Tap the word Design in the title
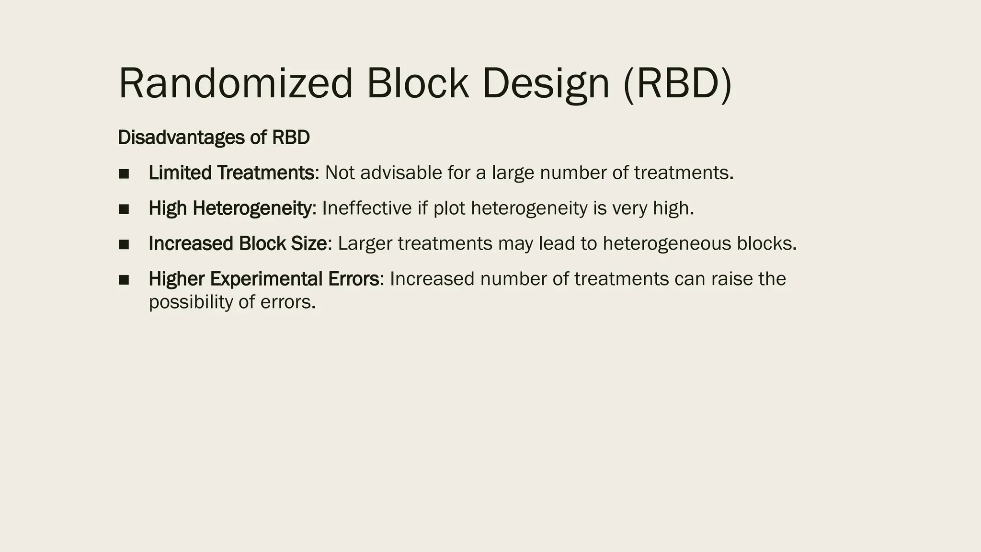click(x=546, y=84)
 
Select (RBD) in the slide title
click(x=678, y=84)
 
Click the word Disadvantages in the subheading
click(x=181, y=138)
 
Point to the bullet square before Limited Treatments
click(x=124, y=174)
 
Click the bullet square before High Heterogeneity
click(x=124, y=209)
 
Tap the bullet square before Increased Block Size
click(x=124, y=245)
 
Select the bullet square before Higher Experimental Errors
click(x=124, y=280)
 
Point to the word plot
click(x=449, y=208)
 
